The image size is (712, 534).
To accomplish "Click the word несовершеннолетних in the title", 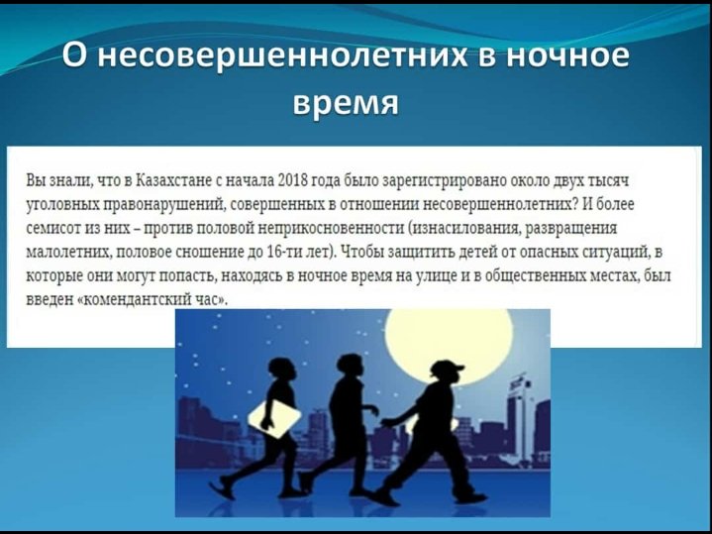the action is [x=283, y=55].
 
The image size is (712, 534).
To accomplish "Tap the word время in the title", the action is [x=346, y=103].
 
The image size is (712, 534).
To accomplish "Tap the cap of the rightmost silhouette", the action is [x=449, y=368].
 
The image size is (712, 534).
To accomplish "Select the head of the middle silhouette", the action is [x=350, y=366].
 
